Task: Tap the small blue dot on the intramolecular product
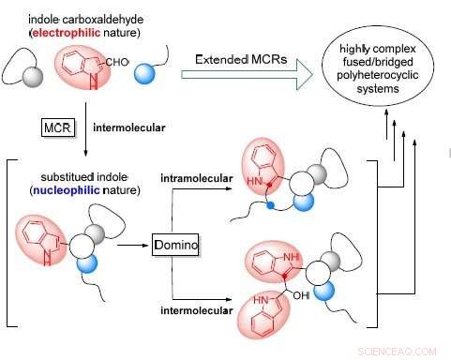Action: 271,202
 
